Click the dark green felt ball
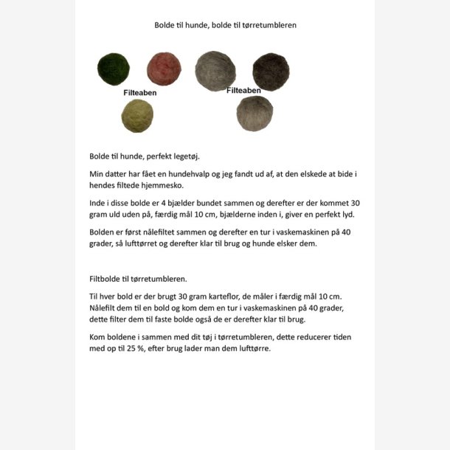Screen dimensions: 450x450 (113, 69)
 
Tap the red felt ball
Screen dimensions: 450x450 (163, 69)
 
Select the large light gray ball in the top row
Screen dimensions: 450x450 (215, 71)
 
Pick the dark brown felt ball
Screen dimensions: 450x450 (270, 72)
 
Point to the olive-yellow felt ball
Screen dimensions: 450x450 (137, 116)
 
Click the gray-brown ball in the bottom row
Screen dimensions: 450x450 (255, 113)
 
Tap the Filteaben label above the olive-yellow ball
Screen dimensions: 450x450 (139, 94)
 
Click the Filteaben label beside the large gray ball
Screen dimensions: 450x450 (243, 91)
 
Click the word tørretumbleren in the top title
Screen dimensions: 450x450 (269, 25)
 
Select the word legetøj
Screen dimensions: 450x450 (181, 156)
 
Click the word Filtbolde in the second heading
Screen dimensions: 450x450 (105, 280)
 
